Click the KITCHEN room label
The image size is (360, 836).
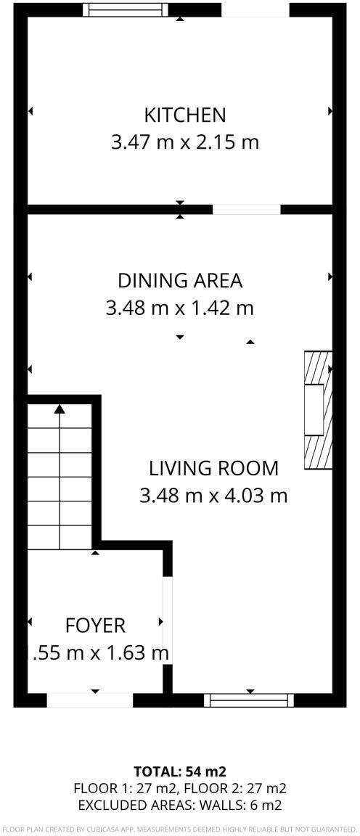[x=184, y=115]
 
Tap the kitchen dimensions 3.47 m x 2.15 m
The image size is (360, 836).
[x=184, y=142]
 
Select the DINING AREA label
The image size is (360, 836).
[x=180, y=280]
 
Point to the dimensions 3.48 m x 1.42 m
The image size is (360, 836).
[x=180, y=308]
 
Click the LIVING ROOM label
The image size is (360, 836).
[x=213, y=467]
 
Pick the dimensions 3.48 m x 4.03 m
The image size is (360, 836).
[x=213, y=496]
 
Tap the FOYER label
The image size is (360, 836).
[x=95, y=626]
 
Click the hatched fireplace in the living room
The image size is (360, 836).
[x=318, y=411]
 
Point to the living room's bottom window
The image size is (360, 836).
[x=249, y=700]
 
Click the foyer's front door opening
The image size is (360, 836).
[x=90, y=700]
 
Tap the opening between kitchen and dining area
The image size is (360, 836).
[x=247, y=210]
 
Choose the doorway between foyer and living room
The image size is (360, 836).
[x=168, y=622]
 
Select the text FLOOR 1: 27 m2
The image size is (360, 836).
[x=126, y=787]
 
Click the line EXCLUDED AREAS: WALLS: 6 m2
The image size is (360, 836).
[x=180, y=804]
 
